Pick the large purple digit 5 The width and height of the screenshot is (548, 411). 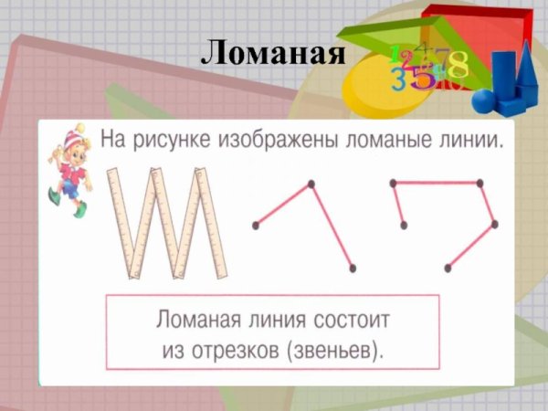pyautogui.click(x=422, y=77)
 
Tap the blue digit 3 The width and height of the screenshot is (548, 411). pyautogui.click(x=399, y=79)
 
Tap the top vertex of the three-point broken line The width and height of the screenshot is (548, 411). pyautogui.click(x=311, y=184)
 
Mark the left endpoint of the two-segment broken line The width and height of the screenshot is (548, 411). pyautogui.click(x=256, y=225)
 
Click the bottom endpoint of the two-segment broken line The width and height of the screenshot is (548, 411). pyautogui.click(x=352, y=268)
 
